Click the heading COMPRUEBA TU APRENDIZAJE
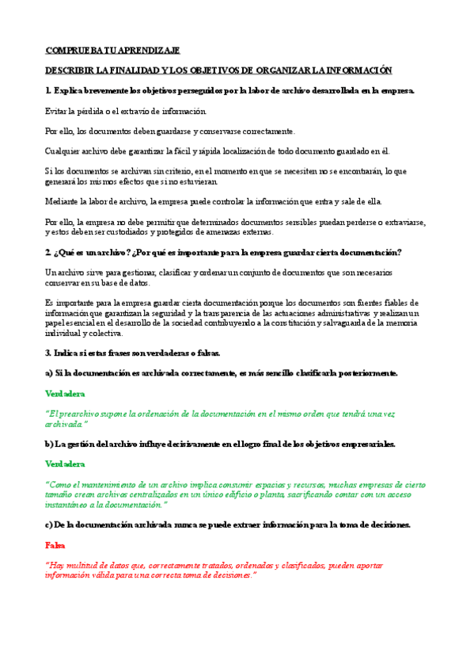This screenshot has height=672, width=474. coord(112,50)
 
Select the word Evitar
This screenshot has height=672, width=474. coord(57,111)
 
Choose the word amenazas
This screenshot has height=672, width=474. coord(225,232)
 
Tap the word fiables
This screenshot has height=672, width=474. coord(373,303)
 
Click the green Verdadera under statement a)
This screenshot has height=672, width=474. coord(65,393)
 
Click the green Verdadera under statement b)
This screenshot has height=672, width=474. coord(65,464)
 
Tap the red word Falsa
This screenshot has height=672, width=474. coord(55,545)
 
